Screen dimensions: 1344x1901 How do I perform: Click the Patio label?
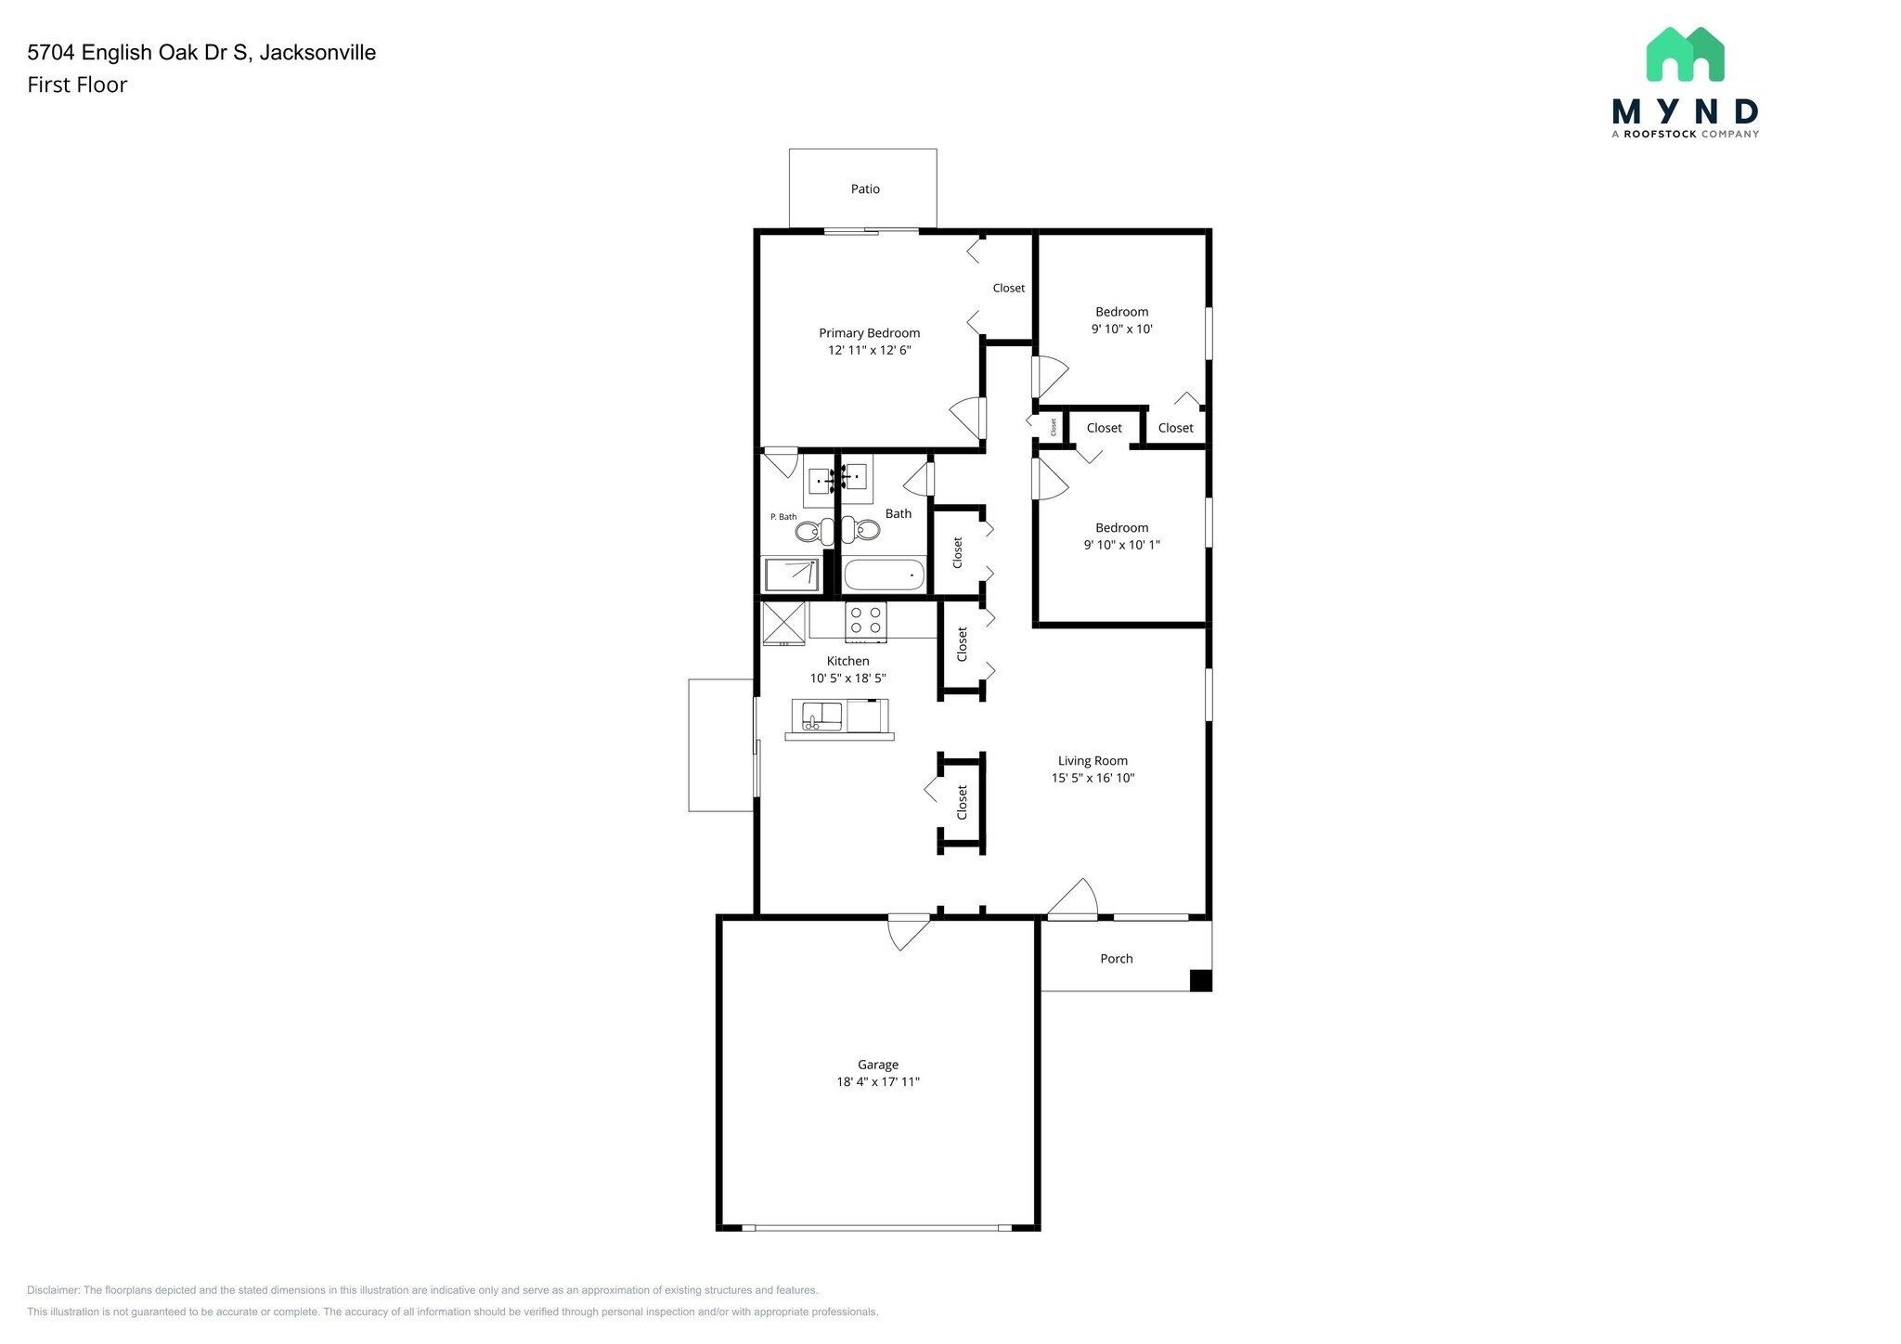tap(864, 189)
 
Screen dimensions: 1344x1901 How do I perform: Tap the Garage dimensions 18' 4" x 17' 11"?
tap(877, 1082)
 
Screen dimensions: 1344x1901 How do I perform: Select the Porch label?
tap(1116, 959)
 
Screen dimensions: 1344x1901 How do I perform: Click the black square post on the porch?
tap(1200, 980)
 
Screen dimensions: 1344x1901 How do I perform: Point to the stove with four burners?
tap(866, 622)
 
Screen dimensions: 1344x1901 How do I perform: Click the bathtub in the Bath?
tap(885, 575)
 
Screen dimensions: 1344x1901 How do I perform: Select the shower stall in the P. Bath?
tap(791, 575)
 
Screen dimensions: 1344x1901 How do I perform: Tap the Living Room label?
tap(1093, 761)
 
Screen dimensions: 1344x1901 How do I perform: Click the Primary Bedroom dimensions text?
tap(869, 351)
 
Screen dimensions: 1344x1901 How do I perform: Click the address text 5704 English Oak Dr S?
tap(139, 53)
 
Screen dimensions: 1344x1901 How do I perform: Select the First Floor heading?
tap(77, 85)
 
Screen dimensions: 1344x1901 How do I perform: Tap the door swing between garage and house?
tap(907, 932)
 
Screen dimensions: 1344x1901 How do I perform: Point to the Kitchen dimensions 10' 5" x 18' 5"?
tap(847, 678)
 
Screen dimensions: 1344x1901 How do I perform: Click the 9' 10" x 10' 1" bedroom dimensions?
tap(1121, 546)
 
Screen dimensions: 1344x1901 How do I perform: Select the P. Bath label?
tap(782, 517)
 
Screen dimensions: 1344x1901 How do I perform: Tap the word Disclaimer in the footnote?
tap(54, 1290)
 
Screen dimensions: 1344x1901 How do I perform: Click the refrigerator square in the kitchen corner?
tap(782, 623)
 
